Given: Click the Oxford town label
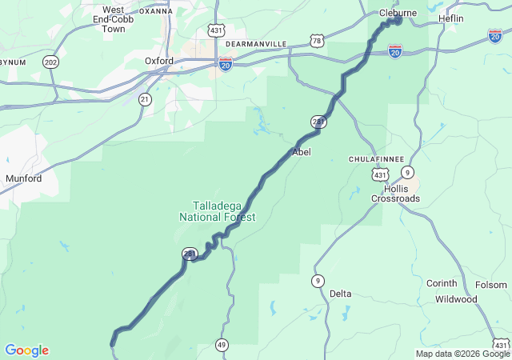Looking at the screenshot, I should point(159,61).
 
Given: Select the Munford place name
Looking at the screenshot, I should point(23,178).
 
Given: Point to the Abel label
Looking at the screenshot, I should point(302,151).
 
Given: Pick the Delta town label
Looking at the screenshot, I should point(341,294).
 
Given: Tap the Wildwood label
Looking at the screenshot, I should point(456,299).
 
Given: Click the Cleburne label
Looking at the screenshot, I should point(398,13).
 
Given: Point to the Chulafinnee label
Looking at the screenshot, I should point(376,159).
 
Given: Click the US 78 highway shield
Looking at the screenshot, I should point(318,40).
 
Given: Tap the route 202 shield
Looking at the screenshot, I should point(51,62).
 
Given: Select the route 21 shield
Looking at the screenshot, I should point(144,99).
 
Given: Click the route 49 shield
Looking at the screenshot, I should point(221,345).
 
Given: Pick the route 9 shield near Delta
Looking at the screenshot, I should point(318,280).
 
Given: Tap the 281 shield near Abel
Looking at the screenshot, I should point(318,122).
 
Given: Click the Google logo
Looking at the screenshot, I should point(26,350).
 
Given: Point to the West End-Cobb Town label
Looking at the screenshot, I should point(113,19).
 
